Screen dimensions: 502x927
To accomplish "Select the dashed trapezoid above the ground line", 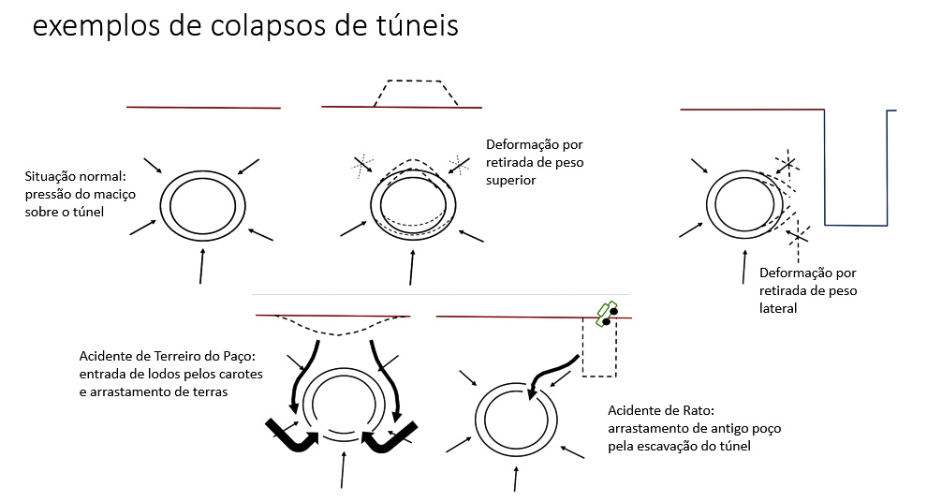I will pyautogui.click(x=415, y=91).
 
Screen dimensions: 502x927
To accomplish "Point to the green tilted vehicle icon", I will pyautogui.click(x=606, y=311).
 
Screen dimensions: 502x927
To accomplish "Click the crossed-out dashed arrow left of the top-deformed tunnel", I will pyautogui.click(x=362, y=166).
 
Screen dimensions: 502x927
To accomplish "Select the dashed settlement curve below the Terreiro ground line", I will pyautogui.click(x=333, y=329).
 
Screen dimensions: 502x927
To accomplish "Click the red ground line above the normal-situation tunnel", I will pyautogui.click(x=203, y=108).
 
